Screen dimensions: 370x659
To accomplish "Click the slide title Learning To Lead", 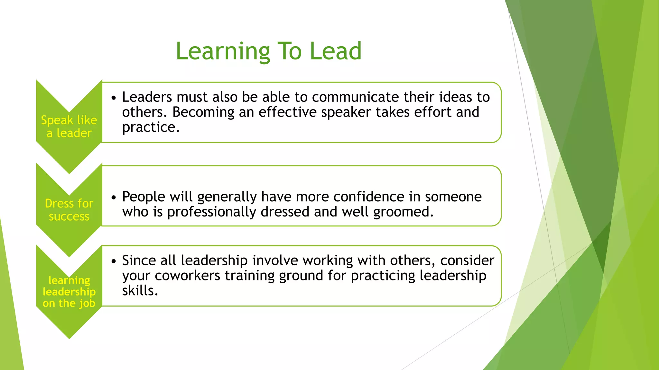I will click(x=269, y=51).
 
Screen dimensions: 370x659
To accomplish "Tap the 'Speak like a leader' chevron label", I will click(x=69, y=127).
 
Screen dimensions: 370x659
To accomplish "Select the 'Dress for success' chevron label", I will click(x=69, y=210).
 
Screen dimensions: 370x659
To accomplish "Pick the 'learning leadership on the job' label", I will click(x=69, y=292).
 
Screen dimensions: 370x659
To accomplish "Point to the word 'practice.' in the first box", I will click(x=151, y=127).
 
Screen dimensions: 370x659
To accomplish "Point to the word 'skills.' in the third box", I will click(x=140, y=291).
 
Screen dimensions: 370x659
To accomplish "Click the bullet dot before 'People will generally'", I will click(x=113, y=198).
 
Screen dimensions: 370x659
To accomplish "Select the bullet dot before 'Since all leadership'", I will click(x=113, y=261).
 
